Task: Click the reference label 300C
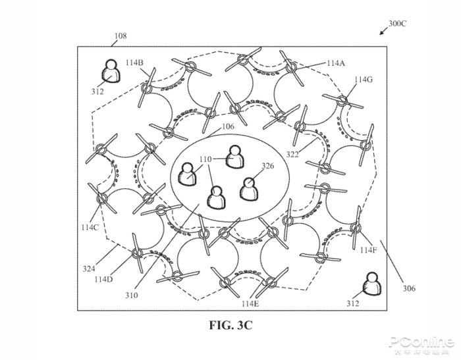click(x=398, y=23)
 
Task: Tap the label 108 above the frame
click(x=120, y=36)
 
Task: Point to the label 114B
click(x=134, y=63)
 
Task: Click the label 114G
click(x=363, y=80)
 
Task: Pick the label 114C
click(x=90, y=227)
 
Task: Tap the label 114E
click(x=251, y=303)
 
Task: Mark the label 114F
click(x=369, y=250)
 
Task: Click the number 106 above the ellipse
click(x=227, y=127)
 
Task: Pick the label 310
click(x=132, y=296)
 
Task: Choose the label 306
click(x=408, y=288)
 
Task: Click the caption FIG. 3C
click(x=230, y=324)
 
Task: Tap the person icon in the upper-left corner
click(x=112, y=71)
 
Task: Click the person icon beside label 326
click(x=249, y=189)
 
